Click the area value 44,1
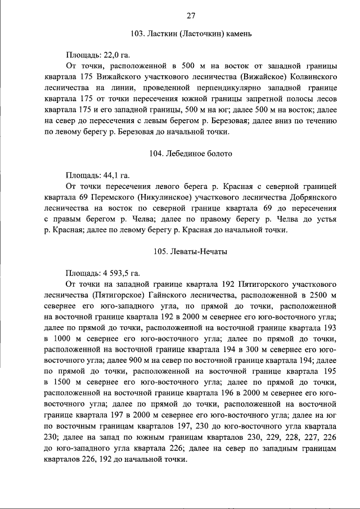[x=111, y=174]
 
